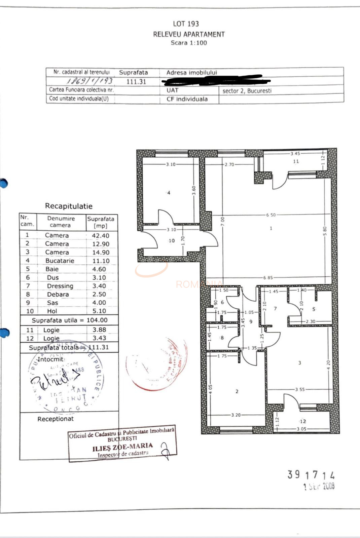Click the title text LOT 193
pos(186,24)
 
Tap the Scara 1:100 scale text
pos(189,43)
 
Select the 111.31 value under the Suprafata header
pos(136,81)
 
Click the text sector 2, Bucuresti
pos(247,91)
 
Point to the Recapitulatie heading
pos(69,206)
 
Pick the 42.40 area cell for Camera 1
pos(101,236)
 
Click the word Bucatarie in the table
pos(60,261)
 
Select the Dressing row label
pos(60,286)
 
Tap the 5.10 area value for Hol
pos(99,311)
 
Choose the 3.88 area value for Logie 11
pos(99,330)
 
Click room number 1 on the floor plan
pos(271,228)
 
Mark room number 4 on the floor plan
pos(169,193)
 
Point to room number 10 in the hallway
pos(172,241)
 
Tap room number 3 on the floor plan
pos(299,363)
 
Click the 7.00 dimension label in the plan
pos(222,221)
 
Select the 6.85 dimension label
pos(268,278)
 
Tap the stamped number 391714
pos(311,475)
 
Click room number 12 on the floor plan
pos(303,421)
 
